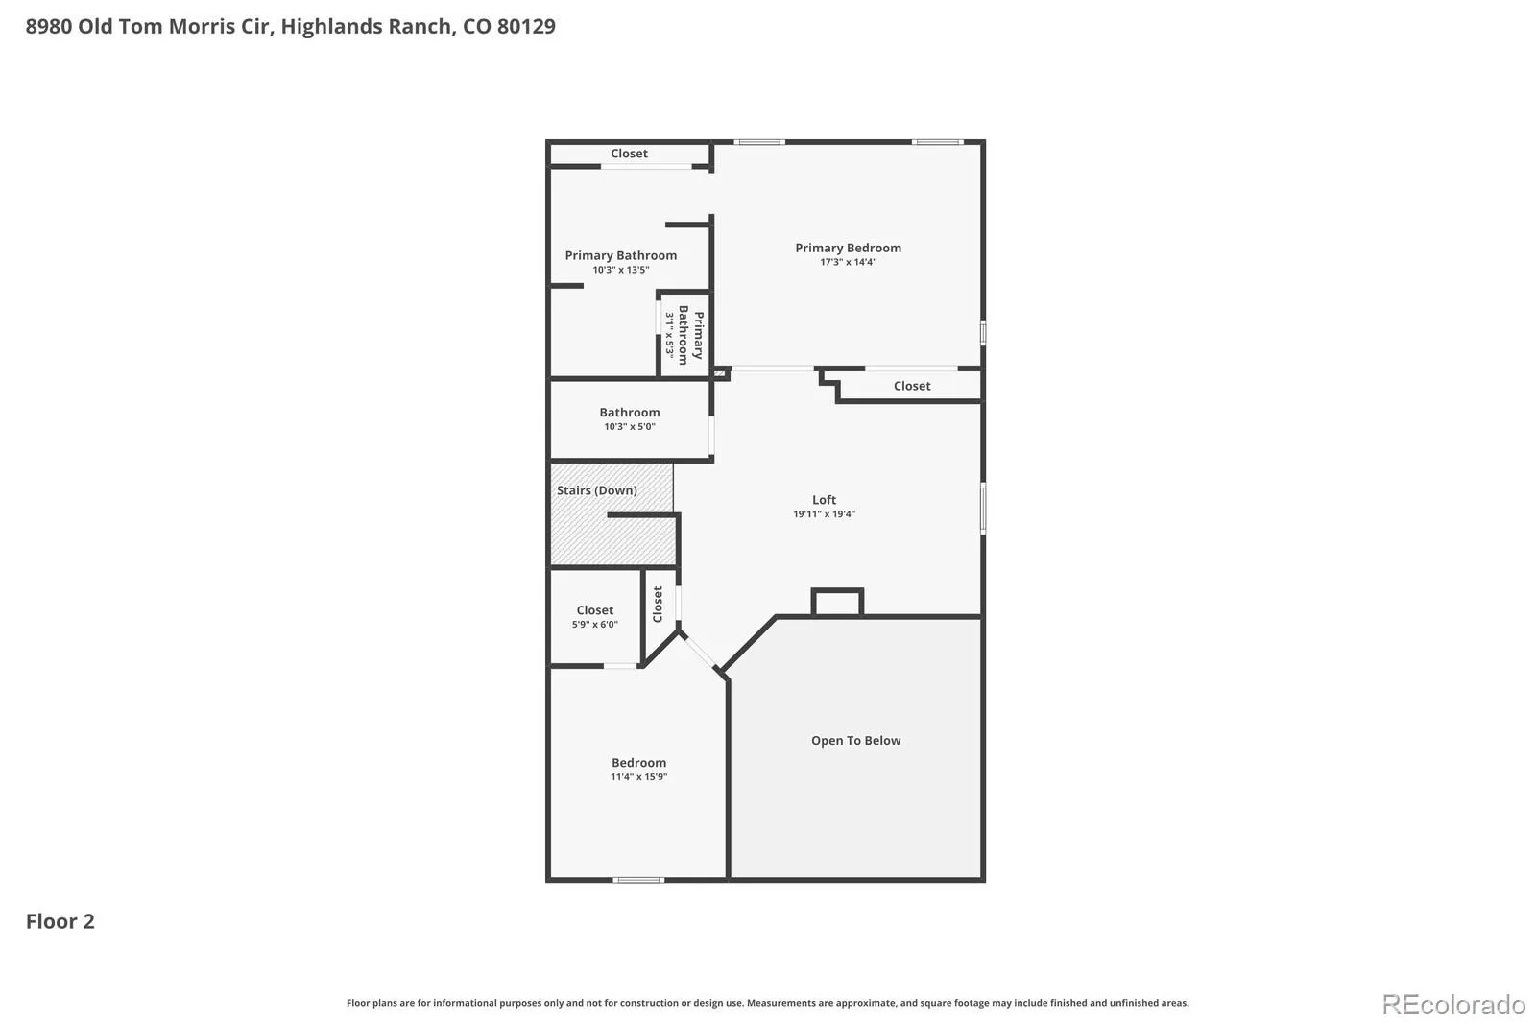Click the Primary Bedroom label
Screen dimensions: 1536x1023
coord(848,248)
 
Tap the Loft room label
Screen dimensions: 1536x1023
coord(824,500)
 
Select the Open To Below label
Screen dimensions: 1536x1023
coord(855,740)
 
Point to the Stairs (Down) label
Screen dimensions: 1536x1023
coord(596,490)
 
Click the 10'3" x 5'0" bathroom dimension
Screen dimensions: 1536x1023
coord(630,426)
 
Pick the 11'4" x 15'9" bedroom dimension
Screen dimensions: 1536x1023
coord(639,777)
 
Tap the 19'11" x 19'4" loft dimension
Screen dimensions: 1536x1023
coord(825,514)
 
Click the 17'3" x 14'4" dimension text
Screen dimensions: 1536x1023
coord(849,262)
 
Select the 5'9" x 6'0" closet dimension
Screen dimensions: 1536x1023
coord(594,624)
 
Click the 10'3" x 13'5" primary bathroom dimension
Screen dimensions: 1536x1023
coord(620,270)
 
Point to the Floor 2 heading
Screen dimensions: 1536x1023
coord(60,921)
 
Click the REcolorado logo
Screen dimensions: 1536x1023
coord(1453,1005)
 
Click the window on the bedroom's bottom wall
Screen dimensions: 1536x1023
coord(638,880)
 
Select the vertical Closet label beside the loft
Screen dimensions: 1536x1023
coord(658,604)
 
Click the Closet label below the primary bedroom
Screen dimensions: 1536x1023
coord(912,386)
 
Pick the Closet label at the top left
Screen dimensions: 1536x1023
coord(629,154)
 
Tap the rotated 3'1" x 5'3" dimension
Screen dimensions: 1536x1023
coord(670,335)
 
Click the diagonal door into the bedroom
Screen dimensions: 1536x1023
coord(700,651)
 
